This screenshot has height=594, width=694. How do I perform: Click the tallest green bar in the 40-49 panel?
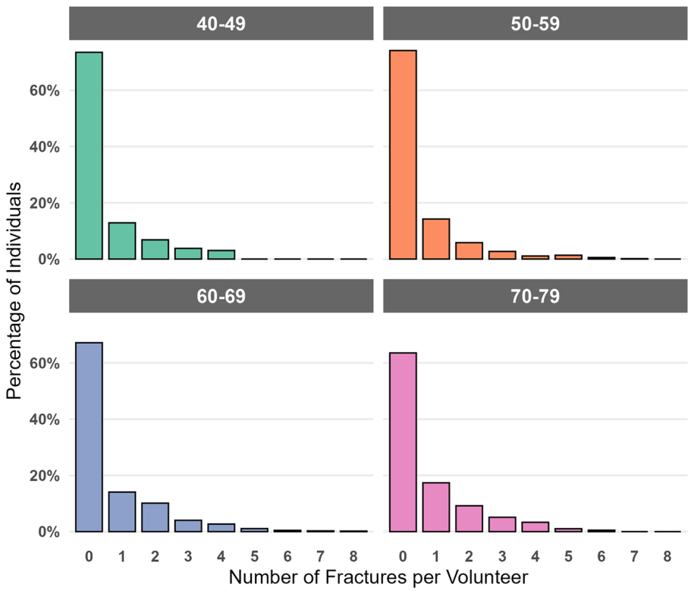[x=89, y=156]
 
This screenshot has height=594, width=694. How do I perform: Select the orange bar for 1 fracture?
[x=436, y=239]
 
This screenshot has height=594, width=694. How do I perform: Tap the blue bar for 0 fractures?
[x=89, y=437]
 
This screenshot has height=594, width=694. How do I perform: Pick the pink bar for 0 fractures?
[x=403, y=442]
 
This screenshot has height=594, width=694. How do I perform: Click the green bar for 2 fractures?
[x=155, y=249]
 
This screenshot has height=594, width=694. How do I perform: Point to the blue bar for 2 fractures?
[x=155, y=517]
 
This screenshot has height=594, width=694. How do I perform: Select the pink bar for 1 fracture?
[x=436, y=508]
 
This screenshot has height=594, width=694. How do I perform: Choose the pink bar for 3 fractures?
[x=502, y=524]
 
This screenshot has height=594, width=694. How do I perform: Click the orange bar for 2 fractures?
[x=469, y=250]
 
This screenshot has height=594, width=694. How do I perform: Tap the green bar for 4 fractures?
[x=221, y=254]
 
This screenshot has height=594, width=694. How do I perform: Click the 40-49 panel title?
[x=221, y=24]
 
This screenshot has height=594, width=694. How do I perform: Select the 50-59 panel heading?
[x=535, y=24]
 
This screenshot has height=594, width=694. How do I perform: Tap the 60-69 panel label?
[x=221, y=296]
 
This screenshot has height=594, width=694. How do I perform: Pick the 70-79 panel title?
[x=535, y=296]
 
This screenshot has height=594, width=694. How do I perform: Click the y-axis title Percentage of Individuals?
[x=14, y=291]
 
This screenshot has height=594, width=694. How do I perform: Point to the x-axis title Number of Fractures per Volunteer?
[x=378, y=577]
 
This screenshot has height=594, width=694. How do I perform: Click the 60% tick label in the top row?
[x=44, y=90]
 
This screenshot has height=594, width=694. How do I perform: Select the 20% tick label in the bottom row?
[x=44, y=476]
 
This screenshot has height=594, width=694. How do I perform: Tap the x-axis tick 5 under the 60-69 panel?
[x=255, y=556]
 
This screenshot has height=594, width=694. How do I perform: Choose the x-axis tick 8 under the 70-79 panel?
[x=667, y=556]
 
